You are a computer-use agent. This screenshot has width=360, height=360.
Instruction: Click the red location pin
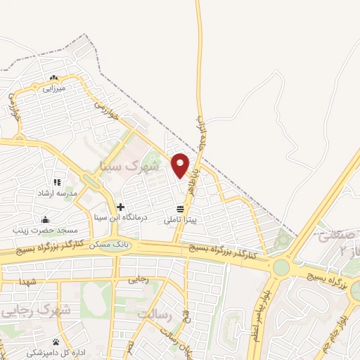point(181,165)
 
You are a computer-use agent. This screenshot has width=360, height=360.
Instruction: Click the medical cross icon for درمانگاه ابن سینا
point(121,207)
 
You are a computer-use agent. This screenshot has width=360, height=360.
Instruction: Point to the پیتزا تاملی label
point(181,220)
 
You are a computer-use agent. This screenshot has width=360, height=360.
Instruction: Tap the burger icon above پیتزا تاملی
point(181,209)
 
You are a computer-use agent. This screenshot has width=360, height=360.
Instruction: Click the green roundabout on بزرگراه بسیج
point(281,267)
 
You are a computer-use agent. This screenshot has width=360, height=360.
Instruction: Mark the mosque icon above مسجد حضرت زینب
point(46,219)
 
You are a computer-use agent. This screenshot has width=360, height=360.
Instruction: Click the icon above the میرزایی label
point(53,77)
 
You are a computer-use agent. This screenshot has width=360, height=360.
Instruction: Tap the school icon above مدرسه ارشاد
point(56,182)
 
